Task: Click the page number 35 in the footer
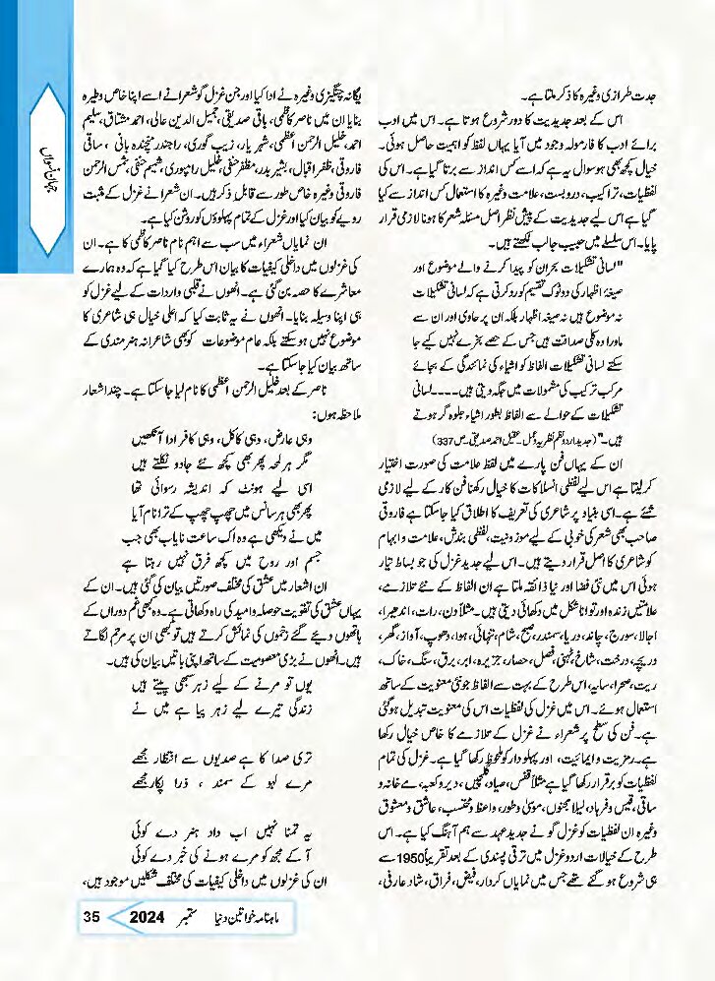91,918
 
